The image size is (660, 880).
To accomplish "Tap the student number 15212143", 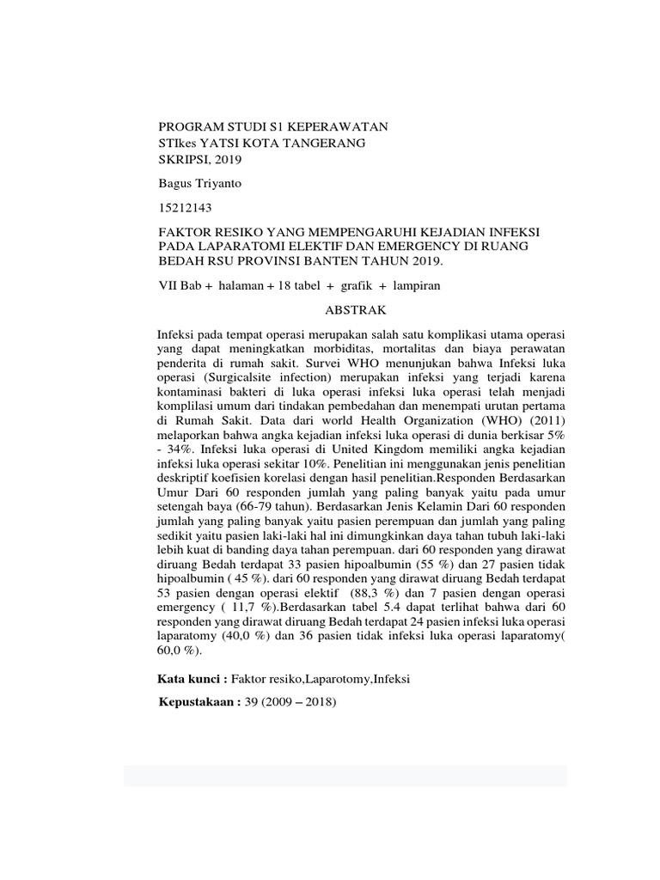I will [185, 208].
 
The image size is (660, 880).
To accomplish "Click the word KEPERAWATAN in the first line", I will [339, 126].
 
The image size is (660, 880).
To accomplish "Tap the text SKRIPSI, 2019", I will [200, 159].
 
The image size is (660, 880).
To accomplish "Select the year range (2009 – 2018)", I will [302, 702].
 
